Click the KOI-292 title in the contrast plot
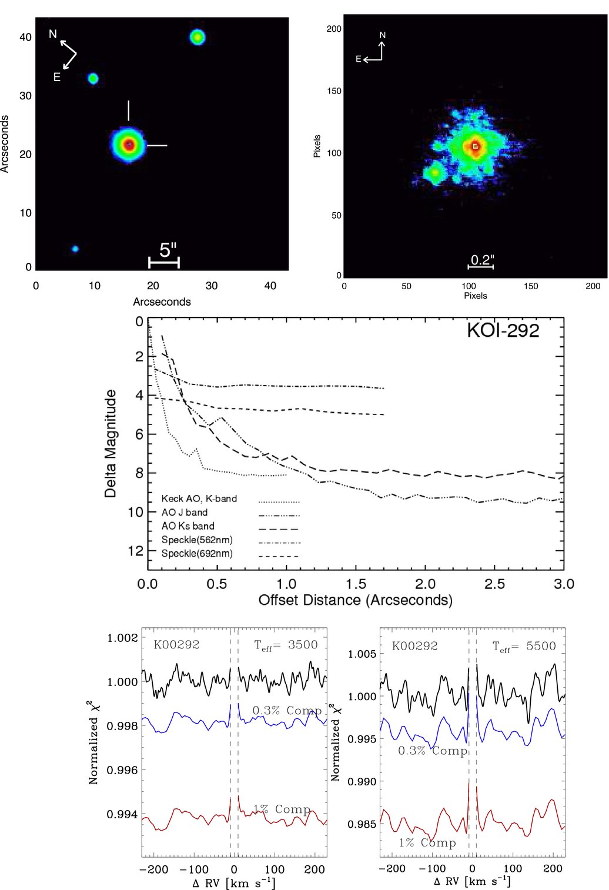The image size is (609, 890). coord(503,330)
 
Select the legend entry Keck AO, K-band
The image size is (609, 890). coord(199,498)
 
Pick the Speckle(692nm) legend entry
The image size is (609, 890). coord(197,554)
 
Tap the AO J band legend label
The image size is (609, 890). coord(185,513)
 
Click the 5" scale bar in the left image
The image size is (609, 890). coord(164,262)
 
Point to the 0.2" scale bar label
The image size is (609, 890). coord(482,259)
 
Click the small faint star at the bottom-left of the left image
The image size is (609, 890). coord(75,249)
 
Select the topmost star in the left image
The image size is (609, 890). coord(198,38)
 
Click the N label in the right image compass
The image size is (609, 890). coord(383,35)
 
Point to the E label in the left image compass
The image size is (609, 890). coord(57,77)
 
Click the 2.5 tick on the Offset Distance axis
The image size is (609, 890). coord(494,584)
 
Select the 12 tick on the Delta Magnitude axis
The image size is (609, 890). coord(135,551)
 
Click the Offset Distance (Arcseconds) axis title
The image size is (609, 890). coord(356,600)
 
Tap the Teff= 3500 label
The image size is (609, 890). coord(286,645)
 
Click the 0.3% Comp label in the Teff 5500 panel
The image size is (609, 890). coord(433,751)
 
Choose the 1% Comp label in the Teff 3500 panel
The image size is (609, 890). coord(282,809)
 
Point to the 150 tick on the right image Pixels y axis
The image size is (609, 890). coord(334,91)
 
